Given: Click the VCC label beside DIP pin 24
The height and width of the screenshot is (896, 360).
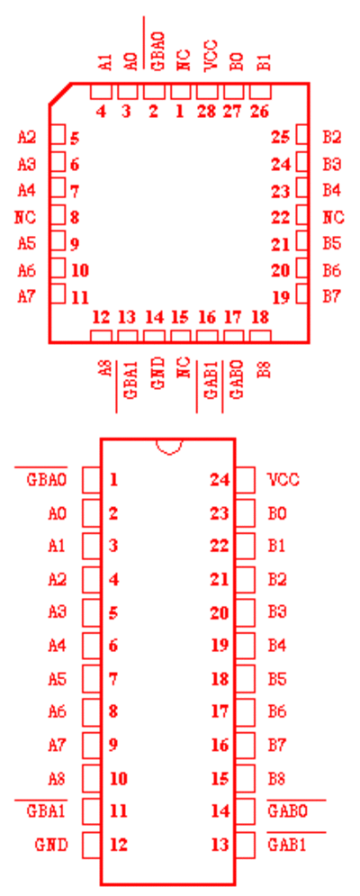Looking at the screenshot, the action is click(x=283, y=480).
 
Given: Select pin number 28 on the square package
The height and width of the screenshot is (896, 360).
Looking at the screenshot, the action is click(x=206, y=111).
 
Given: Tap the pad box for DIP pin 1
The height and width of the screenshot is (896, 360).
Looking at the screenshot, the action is click(x=92, y=480).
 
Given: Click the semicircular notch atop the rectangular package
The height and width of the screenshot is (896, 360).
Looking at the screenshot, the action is click(x=168, y=447).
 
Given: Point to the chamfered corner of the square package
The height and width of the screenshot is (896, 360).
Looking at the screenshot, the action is click(x=60, y=95).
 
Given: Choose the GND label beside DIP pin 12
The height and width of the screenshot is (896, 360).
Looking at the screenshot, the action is click(x=51, y=844).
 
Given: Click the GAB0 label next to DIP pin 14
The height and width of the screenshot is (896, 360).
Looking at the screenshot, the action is click(x=287, y=810).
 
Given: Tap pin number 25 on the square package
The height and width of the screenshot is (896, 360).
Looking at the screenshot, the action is click(x=281, y=138).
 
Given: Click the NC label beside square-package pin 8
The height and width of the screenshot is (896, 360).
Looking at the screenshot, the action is click(x=26, y=217).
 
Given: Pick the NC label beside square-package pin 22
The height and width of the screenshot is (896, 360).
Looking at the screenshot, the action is click(x=333, y=217).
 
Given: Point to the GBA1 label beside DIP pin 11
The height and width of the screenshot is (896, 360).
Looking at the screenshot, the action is click(x=46, y=810).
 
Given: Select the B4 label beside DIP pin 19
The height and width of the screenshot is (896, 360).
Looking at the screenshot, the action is click(x=277, y=646).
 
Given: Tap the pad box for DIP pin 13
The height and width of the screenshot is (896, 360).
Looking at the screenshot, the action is click(x=246, y=844).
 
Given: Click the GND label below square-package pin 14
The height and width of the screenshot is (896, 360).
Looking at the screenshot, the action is click(x=157, y=373).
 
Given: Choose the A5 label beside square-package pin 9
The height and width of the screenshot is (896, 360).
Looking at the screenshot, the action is click(x=26, y=243).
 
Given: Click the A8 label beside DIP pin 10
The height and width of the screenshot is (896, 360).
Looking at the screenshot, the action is click(x=57, y=778).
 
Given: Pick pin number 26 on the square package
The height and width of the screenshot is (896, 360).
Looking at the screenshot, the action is click(x=260, y=111).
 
